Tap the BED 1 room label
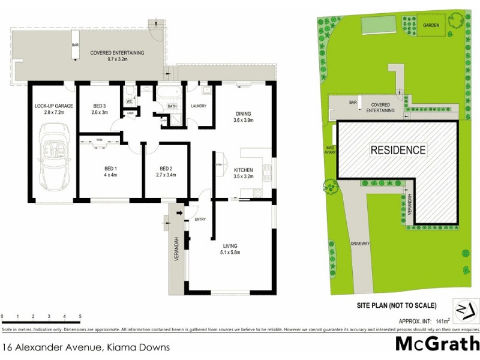click(109, 169)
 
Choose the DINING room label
click(243, 113)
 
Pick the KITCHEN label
click(244, 170)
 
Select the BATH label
click(172, 106)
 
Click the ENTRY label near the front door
click(200, 220)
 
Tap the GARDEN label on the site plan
click(431, 25)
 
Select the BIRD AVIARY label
click(329, 151)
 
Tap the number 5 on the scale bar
click(80, 316)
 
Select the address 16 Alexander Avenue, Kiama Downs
click(86, 347)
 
